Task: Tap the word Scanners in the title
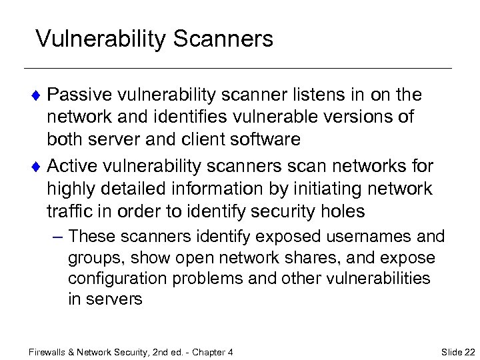(223, 39)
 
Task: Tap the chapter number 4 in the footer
(230, 351)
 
